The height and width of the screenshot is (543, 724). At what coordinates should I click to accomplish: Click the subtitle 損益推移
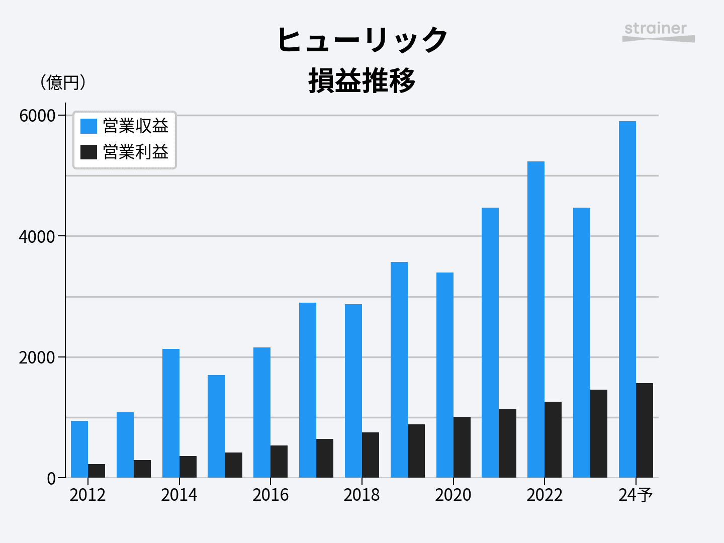362,80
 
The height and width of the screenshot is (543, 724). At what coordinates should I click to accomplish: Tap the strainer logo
658,32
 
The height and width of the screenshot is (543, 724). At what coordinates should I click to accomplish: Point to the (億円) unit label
63,82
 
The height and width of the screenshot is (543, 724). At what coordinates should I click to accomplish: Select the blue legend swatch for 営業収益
88,126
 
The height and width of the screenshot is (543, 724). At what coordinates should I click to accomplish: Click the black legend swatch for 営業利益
88,152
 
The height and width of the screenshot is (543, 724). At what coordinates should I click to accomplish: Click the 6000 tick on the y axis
37,116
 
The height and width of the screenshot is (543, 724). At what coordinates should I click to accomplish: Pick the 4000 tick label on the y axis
37,236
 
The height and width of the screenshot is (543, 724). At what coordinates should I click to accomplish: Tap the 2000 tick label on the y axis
37,357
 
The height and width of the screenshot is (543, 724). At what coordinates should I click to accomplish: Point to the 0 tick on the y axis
51,478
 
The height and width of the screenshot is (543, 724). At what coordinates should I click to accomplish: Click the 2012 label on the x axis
87,495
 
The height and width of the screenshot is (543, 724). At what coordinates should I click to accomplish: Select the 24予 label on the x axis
636,495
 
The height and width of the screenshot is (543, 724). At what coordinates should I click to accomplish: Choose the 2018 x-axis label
361,495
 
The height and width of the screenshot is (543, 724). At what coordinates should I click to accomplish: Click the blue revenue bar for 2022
536,319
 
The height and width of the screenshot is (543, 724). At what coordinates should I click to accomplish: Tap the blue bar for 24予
627,299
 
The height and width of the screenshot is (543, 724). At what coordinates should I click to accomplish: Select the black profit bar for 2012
97,471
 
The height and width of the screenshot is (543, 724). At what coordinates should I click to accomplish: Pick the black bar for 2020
462,447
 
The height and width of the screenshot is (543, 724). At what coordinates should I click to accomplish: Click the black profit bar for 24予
645,430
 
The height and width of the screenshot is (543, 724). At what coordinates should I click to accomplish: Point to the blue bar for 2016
262,412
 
